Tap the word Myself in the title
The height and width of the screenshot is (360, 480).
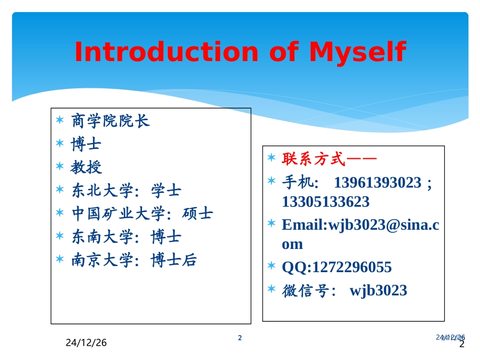point(357,52)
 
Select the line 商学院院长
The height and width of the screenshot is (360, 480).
point(111,121)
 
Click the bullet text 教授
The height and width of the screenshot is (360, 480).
point(86,167)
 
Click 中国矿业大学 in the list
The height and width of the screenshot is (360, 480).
point(118,214)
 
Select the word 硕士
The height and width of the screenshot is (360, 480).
point(198,214)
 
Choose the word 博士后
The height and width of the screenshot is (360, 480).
point(174,260)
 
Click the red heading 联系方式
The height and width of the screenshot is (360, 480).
point(313,160)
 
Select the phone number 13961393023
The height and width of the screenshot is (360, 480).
point(377,182)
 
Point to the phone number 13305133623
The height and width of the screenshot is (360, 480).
point(325,202)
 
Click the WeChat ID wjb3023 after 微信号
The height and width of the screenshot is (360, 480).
point(378,290)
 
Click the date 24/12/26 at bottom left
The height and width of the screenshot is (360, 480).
point(86,343)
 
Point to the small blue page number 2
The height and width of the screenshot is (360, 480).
point(240,338)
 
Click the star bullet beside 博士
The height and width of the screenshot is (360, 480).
point(60,143)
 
